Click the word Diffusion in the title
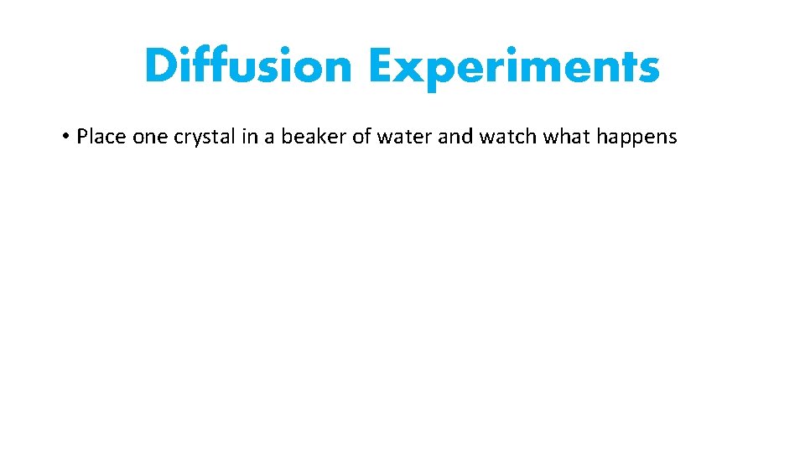point(248,66)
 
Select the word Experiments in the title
point(514,67)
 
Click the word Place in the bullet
point(102,137)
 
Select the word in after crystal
point(250,137)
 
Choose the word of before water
point(361,137)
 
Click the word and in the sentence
point(455,137)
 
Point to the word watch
point(508,137)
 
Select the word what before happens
point(566,137)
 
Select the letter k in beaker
point(323,137)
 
